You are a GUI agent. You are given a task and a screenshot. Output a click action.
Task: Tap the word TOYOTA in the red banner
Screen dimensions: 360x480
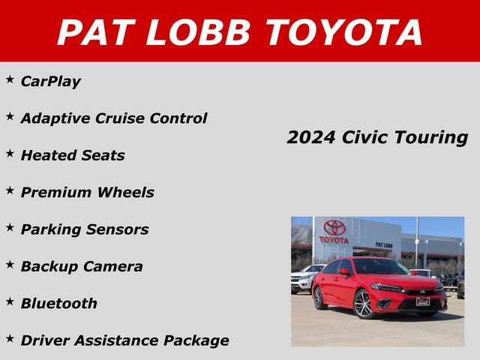coord(344,32)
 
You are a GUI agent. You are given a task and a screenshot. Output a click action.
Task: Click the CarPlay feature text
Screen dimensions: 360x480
coord(51,81)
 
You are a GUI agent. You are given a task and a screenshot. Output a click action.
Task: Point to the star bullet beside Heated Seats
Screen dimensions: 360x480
coord(10,153)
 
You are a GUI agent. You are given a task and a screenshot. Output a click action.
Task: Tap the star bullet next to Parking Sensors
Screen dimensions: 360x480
coord(10,227)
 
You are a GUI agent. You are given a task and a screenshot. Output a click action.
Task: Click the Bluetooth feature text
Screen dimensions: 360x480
coord(59,304)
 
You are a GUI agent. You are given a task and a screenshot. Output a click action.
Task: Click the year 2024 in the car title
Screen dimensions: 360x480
coord(311,138)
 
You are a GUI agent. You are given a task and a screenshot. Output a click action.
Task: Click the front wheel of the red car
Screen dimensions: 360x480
coord(364,304)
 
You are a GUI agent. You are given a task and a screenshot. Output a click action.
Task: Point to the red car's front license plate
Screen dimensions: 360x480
coord(423,301)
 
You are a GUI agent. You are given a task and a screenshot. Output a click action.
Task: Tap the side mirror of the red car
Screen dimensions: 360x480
coord(344,272)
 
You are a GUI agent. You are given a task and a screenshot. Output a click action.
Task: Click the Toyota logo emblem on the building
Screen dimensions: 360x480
coord(334,228)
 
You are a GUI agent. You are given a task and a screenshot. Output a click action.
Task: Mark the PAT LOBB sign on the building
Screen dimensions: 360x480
coord(384,245)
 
